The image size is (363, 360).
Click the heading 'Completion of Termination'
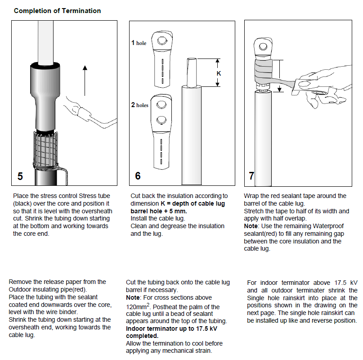(x=57, y=11)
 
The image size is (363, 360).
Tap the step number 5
(x=20, y=176)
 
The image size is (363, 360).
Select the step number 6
(x=138, y=176)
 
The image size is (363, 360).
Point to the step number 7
(x=251, y=176)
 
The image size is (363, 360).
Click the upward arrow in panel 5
(x=85, y=81)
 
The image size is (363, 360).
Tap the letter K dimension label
(x=219, y=73)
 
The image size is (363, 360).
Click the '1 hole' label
(x=139, y=43)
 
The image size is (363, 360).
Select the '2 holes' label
(x=139, y=105)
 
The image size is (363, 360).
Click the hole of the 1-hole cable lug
(x=162, y=41)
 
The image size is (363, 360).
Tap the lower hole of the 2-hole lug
(x=161, y=120)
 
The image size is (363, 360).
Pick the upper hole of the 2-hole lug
(x=161, y=105)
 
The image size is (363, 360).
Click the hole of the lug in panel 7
(x=263, y=46)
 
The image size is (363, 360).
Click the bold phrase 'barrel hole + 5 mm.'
(x=159, y=211)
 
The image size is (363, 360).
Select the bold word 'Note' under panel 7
(x=251, y=226)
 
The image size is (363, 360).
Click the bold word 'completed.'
(x=142, y=336)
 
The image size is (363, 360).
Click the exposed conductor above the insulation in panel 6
(x=192, y=72)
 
